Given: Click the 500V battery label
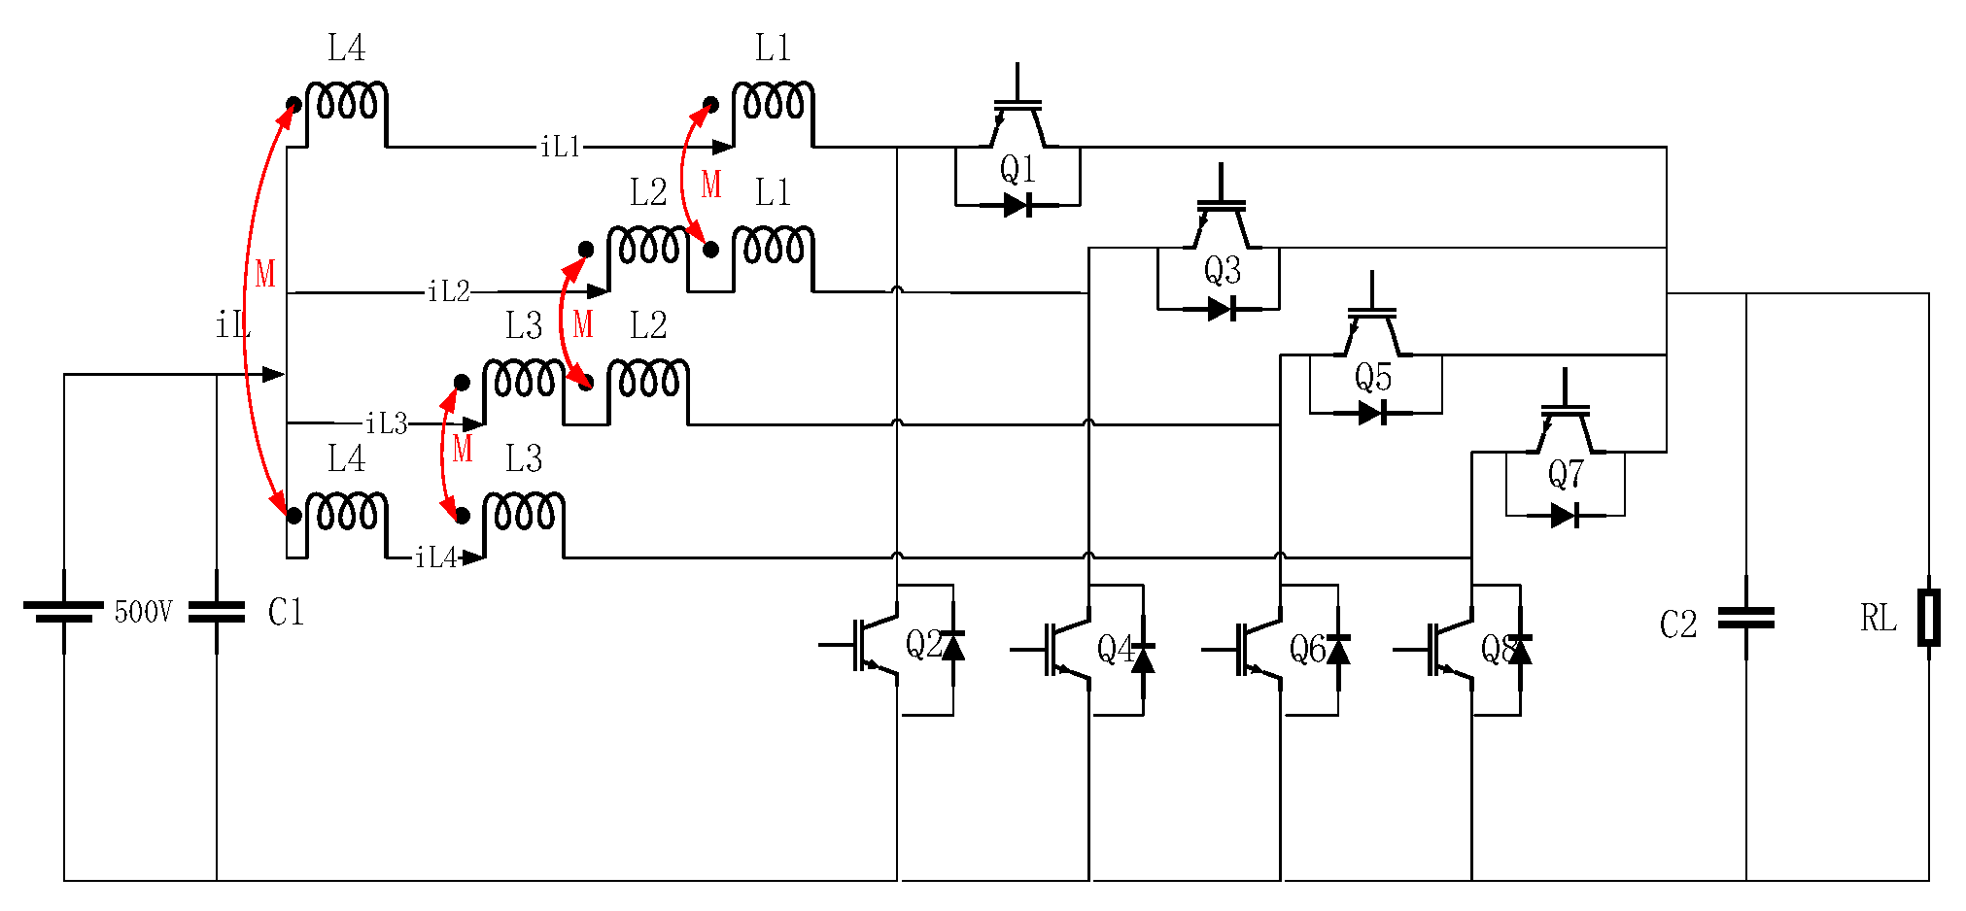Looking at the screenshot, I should click(143, 612).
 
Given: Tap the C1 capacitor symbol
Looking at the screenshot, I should click(217, 612).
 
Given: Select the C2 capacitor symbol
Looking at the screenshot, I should click(1745, 618).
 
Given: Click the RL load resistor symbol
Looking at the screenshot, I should click(1928, 618).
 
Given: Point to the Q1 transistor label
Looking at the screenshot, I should click(1017, 170).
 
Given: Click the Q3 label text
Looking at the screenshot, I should click(1222, 270).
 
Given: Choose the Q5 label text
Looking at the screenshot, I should click(1373, 377).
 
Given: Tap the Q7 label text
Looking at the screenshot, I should click(1566, 475).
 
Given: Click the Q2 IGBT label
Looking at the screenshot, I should click(923, 644).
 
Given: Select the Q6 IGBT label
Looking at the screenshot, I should click(1307, 649).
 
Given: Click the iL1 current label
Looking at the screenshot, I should click(561, 147).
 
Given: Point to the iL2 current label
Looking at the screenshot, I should click(449, 291).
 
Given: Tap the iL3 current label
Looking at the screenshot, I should click(386, 423).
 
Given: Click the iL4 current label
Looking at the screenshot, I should click(435, 557).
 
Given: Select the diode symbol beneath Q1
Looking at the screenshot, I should click(1017, 205).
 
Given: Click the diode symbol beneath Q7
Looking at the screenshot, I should click(1565, 516).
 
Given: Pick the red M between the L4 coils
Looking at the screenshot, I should click(265, 274).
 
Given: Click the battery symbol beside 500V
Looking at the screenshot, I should click(64, 611).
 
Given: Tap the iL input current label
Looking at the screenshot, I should click(232, 326).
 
